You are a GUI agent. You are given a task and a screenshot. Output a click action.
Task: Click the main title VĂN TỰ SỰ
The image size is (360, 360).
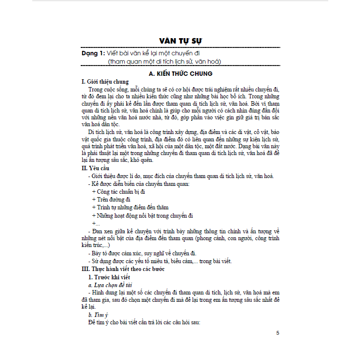(x=180, y=40)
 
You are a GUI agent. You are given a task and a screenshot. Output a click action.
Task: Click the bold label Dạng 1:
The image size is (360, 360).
(x=93, y=53)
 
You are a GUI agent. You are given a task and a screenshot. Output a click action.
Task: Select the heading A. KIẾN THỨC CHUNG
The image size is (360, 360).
(x=180, y=73)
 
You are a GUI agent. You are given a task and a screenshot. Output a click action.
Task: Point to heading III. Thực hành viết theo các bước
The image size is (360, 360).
(x=123, y=269)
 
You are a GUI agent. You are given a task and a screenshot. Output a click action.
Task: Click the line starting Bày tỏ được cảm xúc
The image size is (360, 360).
(x=142, y=253)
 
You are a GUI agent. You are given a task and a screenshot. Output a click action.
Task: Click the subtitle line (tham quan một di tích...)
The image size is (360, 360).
(x=165, y=61)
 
